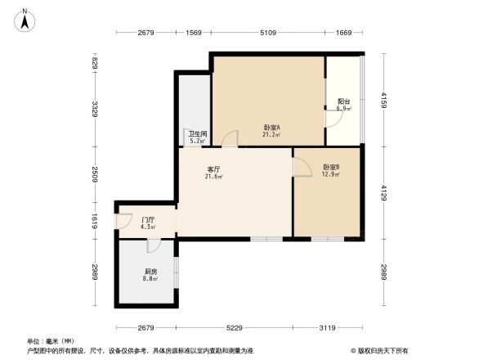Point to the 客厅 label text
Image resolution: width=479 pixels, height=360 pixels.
coord(213,170)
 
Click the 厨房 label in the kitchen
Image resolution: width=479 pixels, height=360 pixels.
coord(150,272)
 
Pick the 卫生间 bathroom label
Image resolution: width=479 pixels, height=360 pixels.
coord(197,134)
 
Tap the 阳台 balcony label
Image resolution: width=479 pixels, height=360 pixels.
coord(344,102)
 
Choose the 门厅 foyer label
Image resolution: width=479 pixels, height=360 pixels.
coord(148,220)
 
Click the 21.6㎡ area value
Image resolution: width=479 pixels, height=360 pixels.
coord(213,177)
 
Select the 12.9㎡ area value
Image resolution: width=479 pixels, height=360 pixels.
coord(330,173)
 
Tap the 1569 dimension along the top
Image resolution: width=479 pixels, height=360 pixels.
coord(194,33)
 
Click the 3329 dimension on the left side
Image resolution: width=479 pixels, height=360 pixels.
coord(96,108)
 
